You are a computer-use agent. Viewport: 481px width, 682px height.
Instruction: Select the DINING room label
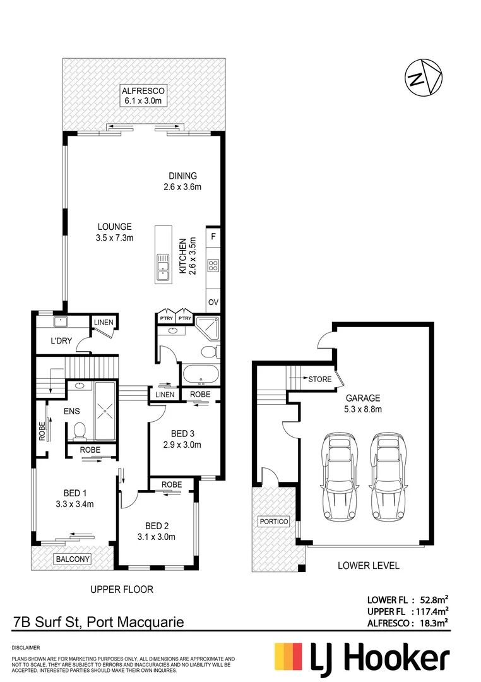point(183,181)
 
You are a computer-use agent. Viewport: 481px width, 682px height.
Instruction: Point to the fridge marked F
point(213,237)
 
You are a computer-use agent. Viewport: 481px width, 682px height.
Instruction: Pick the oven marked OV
point(213,302)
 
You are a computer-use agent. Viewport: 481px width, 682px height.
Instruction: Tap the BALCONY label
point(73,559)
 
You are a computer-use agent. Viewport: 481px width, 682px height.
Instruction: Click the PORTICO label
point(273,522)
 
